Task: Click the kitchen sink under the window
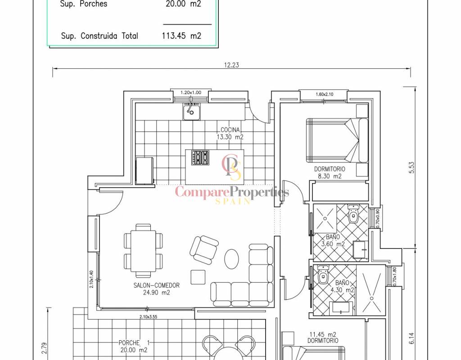192,112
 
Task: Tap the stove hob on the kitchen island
200,157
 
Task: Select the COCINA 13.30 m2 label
230,133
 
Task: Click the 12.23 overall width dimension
232,65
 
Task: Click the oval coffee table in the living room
232,259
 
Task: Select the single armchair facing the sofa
204,250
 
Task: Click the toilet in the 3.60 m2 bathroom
353,214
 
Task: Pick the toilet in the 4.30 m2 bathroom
323,275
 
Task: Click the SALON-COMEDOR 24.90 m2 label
156,288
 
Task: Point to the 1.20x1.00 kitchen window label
191,93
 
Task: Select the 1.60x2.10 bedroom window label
325,94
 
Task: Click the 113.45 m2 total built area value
181,36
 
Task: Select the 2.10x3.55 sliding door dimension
148,317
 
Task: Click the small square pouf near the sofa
198,277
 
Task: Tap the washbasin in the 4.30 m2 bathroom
341,307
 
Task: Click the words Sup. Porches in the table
83,4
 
